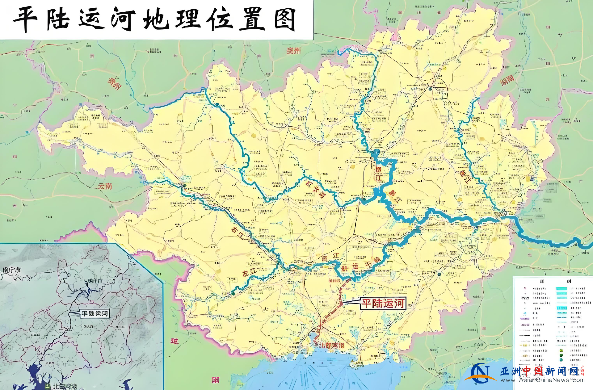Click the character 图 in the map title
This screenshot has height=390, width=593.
pyautogui.click(x=284, y=20)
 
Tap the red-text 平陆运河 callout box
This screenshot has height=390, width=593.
pyautogui.click(x=383, y=303)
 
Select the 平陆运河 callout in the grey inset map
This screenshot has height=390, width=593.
pyautogui.click(x=95, y=314)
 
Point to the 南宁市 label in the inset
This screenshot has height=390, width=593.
pyautogui.click(x=12, y=270)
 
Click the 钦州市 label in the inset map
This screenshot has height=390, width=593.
pyautogui.click(x=95, y=281)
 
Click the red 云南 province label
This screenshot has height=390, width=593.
pyautogui.click(x=105, y=186)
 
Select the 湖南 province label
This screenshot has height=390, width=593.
pyautogui.click(x=507, y=80)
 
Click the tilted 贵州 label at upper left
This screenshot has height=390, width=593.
pyautogui.click(x=114, y=83)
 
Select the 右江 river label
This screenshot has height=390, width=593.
pyautogui.click(x=238, y=233)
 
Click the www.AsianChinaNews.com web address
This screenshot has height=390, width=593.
pyautogui.click(x=542, y=380)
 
